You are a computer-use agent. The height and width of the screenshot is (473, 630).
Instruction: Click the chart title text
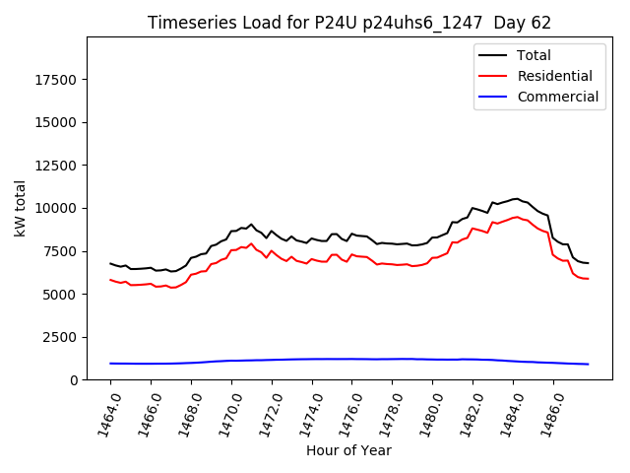(349, 23)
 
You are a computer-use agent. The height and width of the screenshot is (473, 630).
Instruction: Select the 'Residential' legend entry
(554, 76)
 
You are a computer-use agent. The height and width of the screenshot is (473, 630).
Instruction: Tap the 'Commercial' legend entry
(557, 97)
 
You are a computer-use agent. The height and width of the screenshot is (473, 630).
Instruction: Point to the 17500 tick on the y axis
(55, 80)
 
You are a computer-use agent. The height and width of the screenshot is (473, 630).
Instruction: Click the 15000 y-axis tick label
(55, 122)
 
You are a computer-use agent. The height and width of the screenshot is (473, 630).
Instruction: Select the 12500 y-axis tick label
(55, 166)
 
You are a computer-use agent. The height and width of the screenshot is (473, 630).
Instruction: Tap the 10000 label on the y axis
(55, 208)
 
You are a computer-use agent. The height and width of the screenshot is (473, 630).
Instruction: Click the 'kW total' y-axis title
(20, 208)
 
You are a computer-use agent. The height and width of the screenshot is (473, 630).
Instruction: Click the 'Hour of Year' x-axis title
(348, 450)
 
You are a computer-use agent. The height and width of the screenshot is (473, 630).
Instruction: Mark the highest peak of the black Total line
(515, 198)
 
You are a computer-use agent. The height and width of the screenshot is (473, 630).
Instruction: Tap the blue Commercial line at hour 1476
(352, 359)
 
